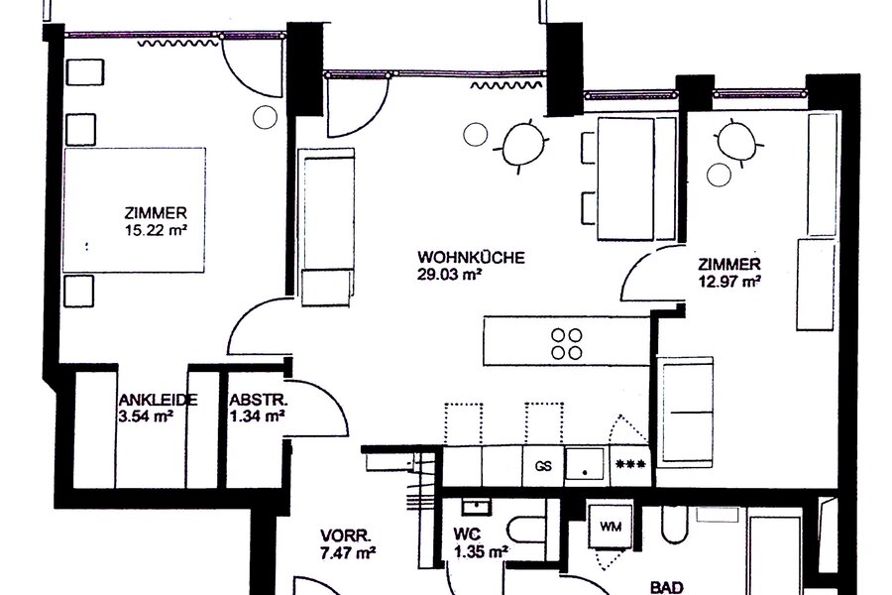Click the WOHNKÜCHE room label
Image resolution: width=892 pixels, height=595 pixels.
click(x=471, y=258)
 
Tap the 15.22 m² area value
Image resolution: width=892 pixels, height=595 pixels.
click(x=156, y=231)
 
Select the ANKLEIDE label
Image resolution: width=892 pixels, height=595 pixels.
click(x=159, y=400)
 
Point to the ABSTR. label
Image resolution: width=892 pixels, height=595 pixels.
click(x=259, y=400)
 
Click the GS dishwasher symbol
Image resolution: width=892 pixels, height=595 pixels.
click(x=543, y=466)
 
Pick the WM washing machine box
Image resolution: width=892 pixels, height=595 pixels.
click(x=611, y=527)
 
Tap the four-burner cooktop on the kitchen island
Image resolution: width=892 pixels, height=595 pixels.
click(x=567, y=343)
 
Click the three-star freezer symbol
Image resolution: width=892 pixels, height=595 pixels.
click(x=631, y=464)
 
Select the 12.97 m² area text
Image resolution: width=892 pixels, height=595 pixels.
click(x=729, y=282)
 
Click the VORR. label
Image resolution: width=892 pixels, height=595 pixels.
click(x=346, y=535)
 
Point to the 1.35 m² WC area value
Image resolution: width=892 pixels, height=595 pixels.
click(x=482, y=551)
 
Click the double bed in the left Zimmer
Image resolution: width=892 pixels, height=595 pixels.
click(x=134, y=210)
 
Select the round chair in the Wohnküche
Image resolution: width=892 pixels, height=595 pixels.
click(x=523, y=146)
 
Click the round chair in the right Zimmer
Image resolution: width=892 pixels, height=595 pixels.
click(x=736, y=143)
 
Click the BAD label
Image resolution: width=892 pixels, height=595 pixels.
click(x=666, y=587)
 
